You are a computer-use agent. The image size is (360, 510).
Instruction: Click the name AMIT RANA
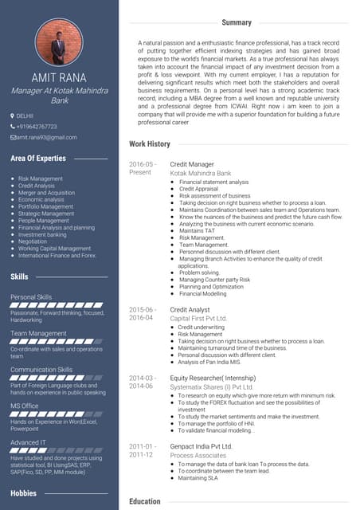59,77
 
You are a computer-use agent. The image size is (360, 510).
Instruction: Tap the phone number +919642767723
36,126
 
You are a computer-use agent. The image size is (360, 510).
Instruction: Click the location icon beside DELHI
13,116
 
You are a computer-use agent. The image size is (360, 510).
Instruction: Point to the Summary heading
237,22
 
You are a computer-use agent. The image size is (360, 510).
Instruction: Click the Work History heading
150,143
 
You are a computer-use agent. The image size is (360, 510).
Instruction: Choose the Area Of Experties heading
38,159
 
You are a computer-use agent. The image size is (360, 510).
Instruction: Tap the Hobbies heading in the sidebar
24,493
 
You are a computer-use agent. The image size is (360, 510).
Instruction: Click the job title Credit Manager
190,163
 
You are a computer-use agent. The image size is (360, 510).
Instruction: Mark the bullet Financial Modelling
202,293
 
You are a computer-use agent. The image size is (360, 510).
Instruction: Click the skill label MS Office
25,406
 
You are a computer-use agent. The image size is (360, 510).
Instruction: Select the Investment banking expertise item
42,234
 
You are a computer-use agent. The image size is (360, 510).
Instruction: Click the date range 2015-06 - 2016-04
143,313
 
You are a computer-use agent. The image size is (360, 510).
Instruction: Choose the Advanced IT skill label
28,442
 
